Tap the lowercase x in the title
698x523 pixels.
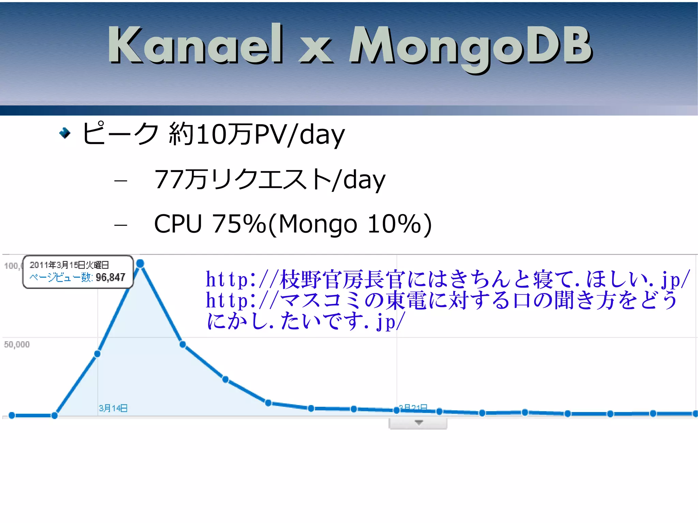click(316, 51)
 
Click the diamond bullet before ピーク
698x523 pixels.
click(64, 133)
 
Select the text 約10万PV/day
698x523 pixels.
click(257, 134)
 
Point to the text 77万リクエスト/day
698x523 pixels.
click(269, 180)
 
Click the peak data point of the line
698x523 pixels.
click(140, 263)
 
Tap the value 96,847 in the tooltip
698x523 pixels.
click(110, 277)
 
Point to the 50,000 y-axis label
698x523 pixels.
click(17, 344)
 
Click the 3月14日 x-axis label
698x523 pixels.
click(113, 408)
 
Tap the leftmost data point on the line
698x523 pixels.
click(12, 415)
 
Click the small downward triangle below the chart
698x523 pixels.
click(419, 422)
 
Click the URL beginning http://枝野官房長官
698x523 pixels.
click(447, 279)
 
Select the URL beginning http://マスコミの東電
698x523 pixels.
click(441, 301)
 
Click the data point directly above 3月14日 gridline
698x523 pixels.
click(97, 354)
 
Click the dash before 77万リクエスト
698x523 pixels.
click(121, 180)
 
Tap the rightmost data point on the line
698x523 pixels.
click(695, 414)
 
